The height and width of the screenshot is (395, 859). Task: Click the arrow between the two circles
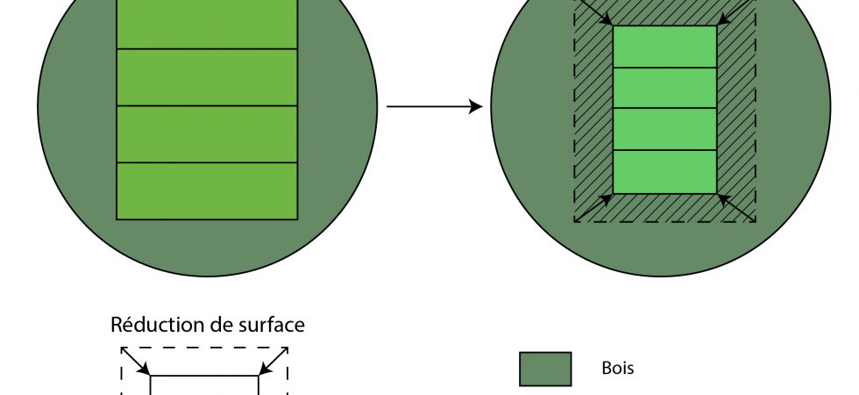[434, 107]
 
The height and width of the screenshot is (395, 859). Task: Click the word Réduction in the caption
[154, 325]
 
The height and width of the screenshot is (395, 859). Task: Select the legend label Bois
[618, 369]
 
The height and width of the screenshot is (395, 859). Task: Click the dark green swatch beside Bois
[545, 369]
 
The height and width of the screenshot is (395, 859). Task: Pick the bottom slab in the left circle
[207, 190]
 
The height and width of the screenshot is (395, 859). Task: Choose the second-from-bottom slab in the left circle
[207, 134]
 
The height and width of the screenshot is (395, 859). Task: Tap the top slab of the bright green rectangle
[664, 47]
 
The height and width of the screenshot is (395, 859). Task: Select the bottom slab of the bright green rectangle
[664, 172]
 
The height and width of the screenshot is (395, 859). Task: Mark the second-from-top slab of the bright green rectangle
[664, 88]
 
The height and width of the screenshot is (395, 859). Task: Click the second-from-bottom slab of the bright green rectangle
[664, 130]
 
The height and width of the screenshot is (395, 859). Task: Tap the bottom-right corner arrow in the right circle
[736, 206]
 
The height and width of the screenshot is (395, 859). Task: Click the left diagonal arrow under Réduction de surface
[136, 361]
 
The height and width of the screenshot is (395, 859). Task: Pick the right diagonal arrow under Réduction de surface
[273, 361]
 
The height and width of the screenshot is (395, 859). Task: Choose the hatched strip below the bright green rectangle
[664, 208]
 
